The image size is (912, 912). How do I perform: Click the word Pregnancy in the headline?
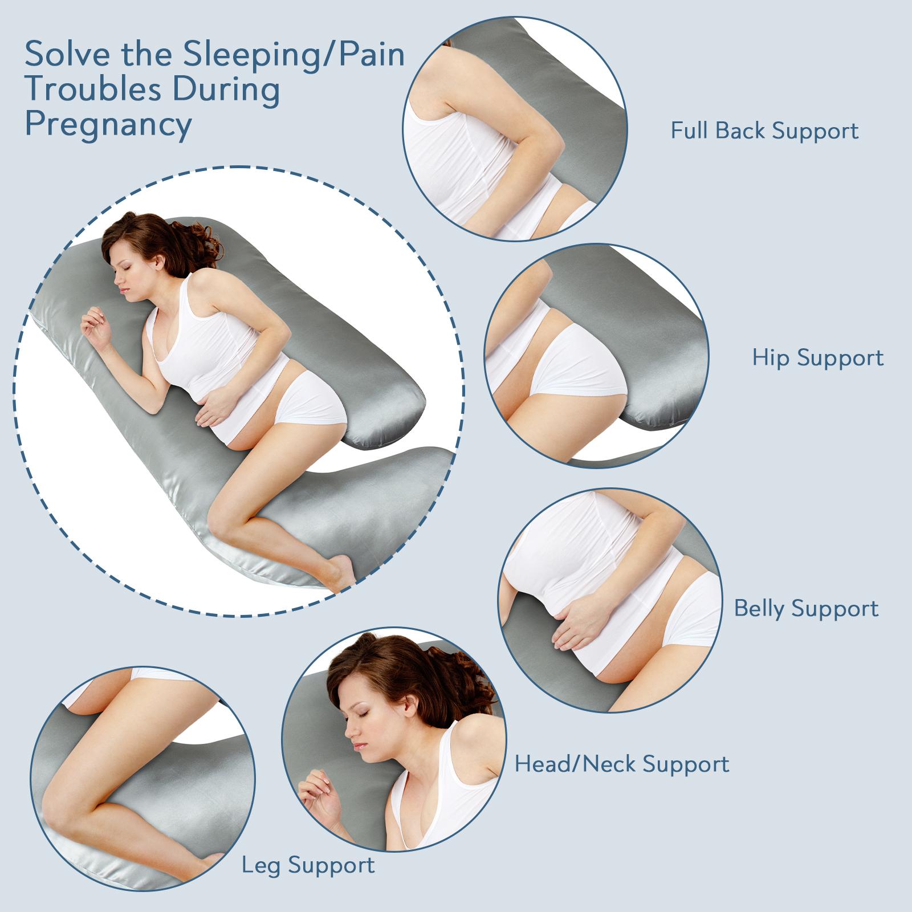coord(108,125)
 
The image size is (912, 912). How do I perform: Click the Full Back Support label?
coord(764,131)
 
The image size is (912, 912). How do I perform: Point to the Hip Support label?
coord(817,357)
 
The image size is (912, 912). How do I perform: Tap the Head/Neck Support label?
coord(622,763)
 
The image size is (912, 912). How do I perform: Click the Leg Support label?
coord(308,865)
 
